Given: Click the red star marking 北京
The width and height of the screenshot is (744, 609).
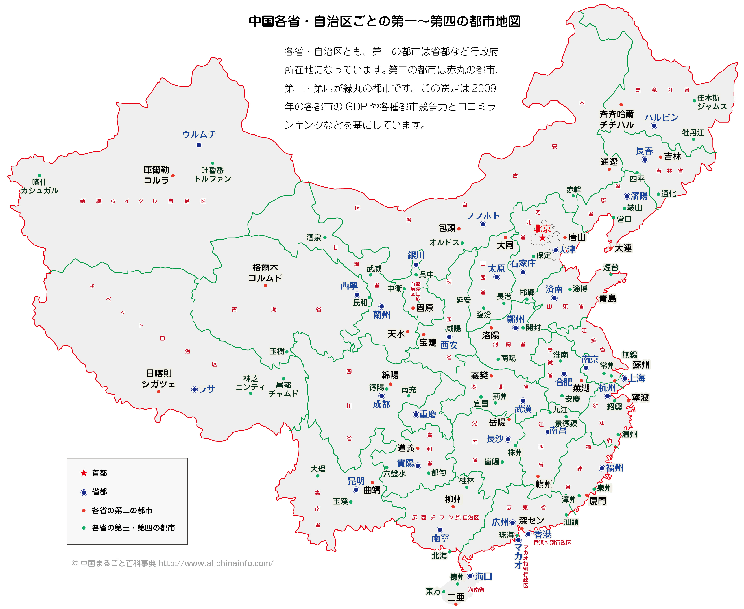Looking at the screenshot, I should point(542,238).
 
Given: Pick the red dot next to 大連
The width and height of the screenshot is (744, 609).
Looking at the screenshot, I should point(611,248).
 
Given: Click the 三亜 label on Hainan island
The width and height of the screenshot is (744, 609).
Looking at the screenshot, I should point(456,597).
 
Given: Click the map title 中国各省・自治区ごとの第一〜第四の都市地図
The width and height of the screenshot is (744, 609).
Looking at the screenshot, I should point(384,21).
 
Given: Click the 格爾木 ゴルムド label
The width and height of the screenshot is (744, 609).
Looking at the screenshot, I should point(265,273).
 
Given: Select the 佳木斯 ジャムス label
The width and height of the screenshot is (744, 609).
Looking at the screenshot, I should point(711,102).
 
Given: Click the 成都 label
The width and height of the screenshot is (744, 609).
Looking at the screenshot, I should point(381,404).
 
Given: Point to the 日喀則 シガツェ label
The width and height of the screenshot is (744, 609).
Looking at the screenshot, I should point(159,379).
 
